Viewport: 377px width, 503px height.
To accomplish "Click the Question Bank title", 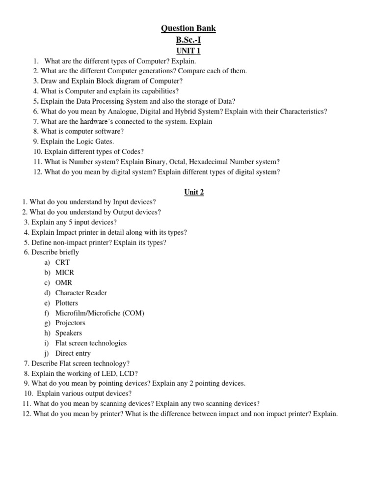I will click(188, 28).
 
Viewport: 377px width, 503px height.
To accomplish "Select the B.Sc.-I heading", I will click(188, 40).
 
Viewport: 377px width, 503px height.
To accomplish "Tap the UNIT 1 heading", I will click(188, 51).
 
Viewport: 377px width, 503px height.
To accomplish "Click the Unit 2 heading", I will click(194, 192).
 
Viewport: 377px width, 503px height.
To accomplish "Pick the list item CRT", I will click(62, 262).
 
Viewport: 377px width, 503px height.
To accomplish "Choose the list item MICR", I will click(65, 273).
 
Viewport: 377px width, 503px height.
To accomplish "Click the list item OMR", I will click(64, 282).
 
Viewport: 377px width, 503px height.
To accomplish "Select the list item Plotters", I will click(67, 303).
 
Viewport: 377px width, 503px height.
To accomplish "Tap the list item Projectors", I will click(70, 323).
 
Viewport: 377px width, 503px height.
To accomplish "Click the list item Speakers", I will click(69, 333).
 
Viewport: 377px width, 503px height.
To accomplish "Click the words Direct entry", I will click(73, 353).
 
